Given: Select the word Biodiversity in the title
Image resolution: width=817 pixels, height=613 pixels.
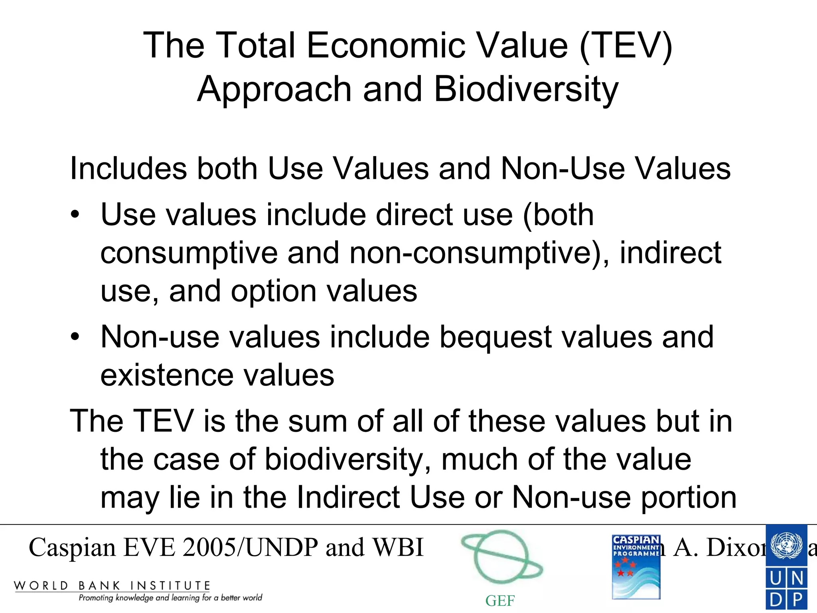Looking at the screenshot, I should tap(526, 89).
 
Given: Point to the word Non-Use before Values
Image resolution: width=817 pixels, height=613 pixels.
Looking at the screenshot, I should tap(563, 168).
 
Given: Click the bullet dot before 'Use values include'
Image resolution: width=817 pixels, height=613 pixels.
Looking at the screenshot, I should tap(75, 215).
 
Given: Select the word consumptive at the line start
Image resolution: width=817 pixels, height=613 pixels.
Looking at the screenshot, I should tap(189, 253).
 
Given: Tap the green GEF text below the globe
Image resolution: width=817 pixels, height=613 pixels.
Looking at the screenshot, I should tap(500, 601).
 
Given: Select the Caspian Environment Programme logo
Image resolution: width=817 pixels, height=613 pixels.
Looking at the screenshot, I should tap(636, 567).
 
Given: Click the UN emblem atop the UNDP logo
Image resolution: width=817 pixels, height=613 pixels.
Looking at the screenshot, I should tap(786, 545).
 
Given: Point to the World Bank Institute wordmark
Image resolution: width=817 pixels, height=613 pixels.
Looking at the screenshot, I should tap(112, 586).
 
